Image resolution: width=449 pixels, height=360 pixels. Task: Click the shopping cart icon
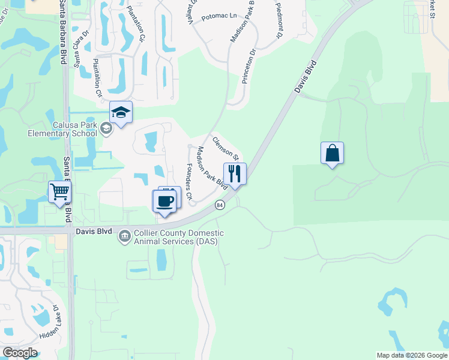59,193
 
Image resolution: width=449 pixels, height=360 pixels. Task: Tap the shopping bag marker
332,153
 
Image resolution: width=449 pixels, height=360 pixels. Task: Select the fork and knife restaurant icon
235,174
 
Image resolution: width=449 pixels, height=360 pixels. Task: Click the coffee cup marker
164,201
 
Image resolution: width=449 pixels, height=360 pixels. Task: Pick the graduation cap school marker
121,112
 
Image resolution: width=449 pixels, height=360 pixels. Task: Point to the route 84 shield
220,205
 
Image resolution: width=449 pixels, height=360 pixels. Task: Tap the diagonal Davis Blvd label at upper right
305,76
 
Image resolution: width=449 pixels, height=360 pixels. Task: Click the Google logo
20,353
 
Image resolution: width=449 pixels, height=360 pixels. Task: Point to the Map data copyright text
411,355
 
